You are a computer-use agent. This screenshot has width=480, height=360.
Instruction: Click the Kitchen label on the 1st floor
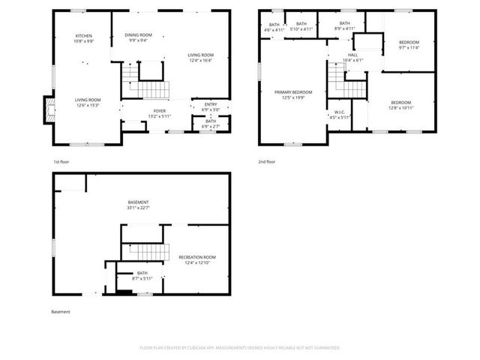click(83, 36)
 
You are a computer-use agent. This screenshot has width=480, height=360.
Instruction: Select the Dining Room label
click(138, 35)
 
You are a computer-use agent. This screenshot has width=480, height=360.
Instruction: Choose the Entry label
click(211, 104)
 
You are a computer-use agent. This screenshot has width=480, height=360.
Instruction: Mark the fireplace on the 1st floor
click(50, 111)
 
